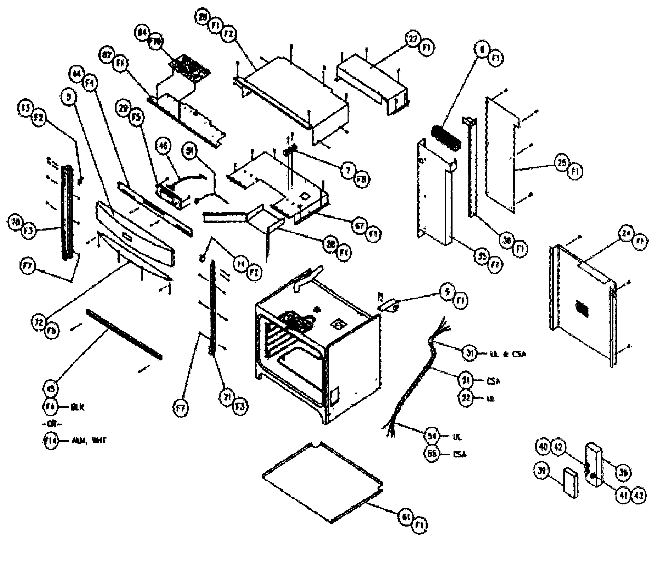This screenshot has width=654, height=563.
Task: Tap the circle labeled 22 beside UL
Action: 466,398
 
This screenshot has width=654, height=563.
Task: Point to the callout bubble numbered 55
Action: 431,454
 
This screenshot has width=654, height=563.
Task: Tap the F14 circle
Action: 50,441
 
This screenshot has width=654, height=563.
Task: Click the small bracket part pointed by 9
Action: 388,306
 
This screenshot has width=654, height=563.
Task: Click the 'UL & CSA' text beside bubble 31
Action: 508,354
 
